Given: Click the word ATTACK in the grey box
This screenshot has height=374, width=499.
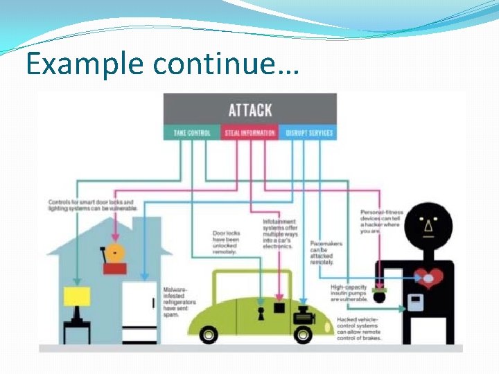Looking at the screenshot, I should tap(250, 109).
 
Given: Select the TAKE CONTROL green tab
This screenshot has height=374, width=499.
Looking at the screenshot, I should tap(192, 133).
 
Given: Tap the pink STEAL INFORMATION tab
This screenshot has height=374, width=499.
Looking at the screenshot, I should tap(249, 133).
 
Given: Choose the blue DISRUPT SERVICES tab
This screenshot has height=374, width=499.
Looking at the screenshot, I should tap(308, 133).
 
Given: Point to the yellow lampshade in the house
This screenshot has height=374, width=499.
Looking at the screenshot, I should tap(77, 296).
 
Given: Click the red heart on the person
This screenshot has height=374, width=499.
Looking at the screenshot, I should tap(428, 276).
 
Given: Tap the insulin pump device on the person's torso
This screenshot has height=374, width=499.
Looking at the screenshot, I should tap(415, 303).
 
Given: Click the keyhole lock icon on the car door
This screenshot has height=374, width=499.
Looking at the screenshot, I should tap(261, 311).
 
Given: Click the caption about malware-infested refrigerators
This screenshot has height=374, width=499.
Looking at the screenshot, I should tap(180, 302).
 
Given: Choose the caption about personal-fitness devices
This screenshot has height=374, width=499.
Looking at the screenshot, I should tap(381, 222).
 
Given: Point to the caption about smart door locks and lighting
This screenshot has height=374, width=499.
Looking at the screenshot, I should tap(91, 205).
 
